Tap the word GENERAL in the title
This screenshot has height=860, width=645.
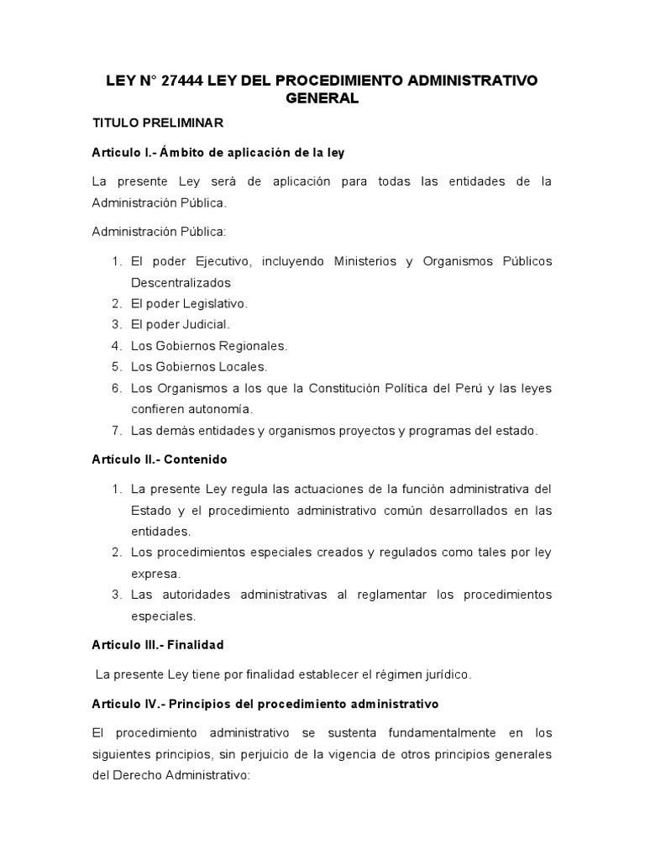(322, 99)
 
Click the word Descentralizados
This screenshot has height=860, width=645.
(181, 282)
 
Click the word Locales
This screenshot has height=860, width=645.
(243, 366)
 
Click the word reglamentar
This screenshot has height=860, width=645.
(396, 595)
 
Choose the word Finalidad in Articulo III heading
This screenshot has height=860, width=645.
(196, 645)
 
